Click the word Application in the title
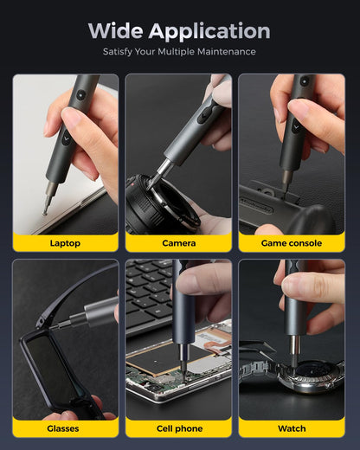coord(209,32)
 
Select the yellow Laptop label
coord(65,243)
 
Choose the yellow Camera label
coord(178,243)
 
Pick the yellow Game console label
coord(292,243)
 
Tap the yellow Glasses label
coord(65,428)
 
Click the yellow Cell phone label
coord(178,428)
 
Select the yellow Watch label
coord(292,428)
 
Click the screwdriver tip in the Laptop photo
coord(45,210)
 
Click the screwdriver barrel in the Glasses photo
coord(91,310)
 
